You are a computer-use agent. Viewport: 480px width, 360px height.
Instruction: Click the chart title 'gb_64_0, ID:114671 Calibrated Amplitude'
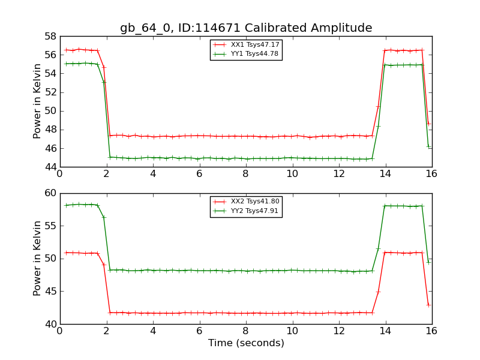pyautogui.click(x=246, y=28)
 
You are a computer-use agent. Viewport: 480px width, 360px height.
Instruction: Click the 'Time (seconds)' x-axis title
pyautogui.click(x=246, y=343)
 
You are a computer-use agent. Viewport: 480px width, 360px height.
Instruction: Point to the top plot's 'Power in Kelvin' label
pyautogui.click(x=38, y=101)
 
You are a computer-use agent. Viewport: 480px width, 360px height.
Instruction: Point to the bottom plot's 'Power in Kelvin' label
pyautogui.click(x=38, y=258)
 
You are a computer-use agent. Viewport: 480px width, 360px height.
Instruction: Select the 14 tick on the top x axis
pyautogui.click(x=385, y=174)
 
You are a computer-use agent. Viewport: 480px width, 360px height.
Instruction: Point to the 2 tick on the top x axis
pyautogui.click(x=106, y=174)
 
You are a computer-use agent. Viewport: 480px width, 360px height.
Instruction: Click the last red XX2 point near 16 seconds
pyautogui.click(x=428, y=305)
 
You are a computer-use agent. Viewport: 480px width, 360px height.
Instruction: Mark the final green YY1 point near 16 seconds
pyautogui.click(x=428, y=146)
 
